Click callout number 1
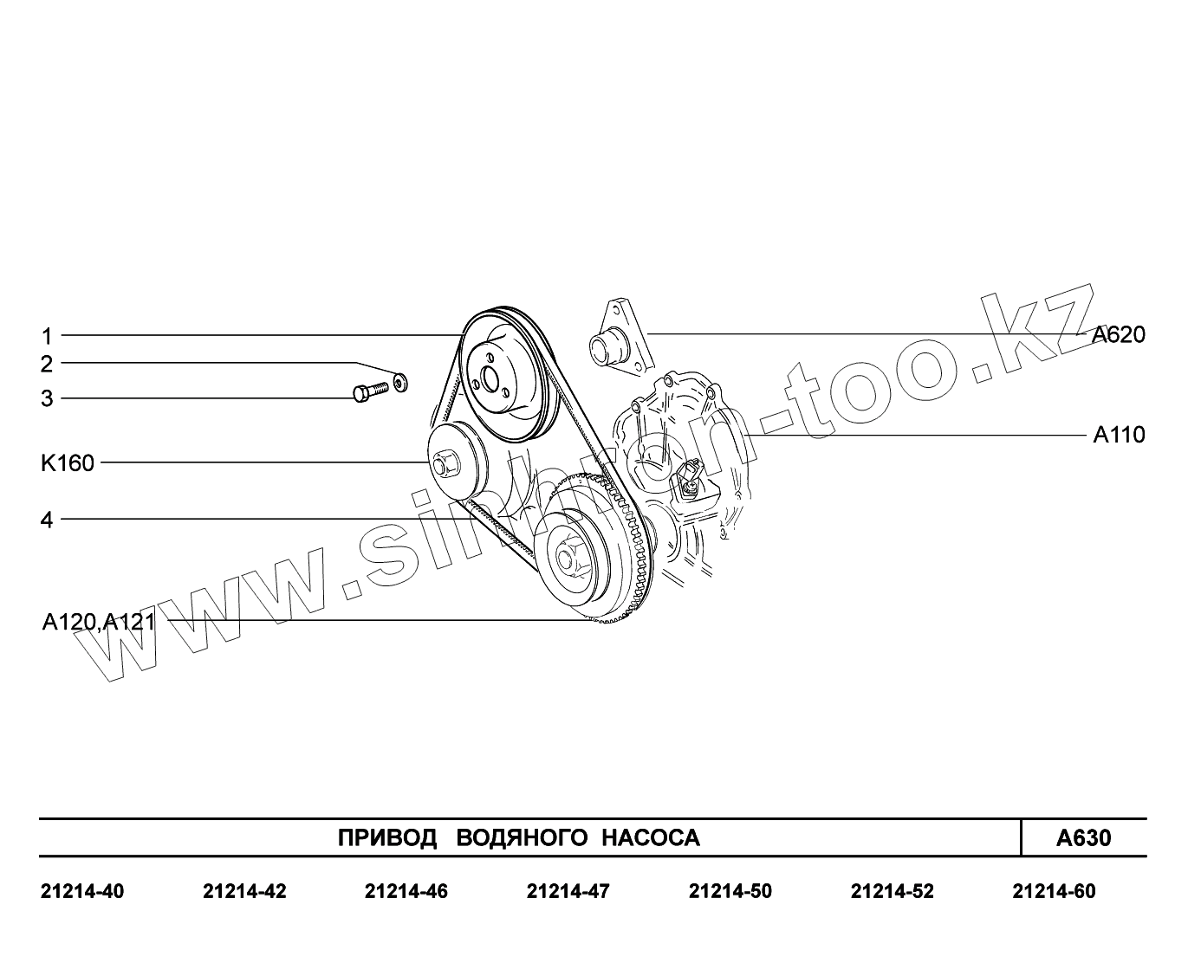tap(47, 337)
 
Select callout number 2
tap(47, 365)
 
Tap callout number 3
tap(47, 398)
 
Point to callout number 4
tap(47, 520)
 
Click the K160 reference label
tap(68, 463)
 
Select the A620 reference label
tap(1119, 334)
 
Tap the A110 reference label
tap(1119, 435)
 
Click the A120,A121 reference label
tap(99, 622)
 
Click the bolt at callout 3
tap(371, 391)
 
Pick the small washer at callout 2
tap(400, 382)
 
